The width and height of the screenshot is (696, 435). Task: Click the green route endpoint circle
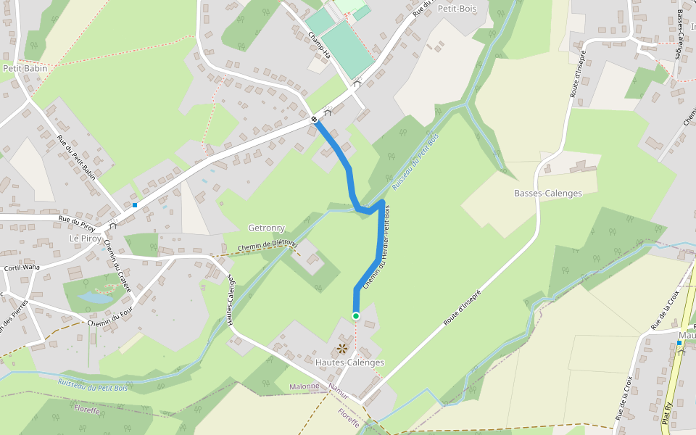(x=356, y=316)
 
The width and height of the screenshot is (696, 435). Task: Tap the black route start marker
(x=315, y=119)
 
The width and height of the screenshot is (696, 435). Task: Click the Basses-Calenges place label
(x=548, y=194)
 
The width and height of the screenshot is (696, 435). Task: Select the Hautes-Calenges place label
(x=350, y=362)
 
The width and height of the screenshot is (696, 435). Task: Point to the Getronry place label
(x=267, y=228)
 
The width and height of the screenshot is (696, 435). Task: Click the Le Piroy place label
(x=85, y=239)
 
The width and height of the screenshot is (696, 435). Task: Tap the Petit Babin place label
(x=25, y=68)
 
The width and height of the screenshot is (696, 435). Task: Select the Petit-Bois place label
(x=455, y=9)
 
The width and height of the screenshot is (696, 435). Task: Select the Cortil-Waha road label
(x=22, y=268)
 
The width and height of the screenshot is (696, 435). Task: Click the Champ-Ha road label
(x=319, y=46)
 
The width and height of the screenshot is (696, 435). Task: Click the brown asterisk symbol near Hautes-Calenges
(x=342, y=349)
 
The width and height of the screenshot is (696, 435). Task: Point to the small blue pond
(x=95, y=298)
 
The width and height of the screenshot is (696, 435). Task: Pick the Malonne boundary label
(x=304, y=386)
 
